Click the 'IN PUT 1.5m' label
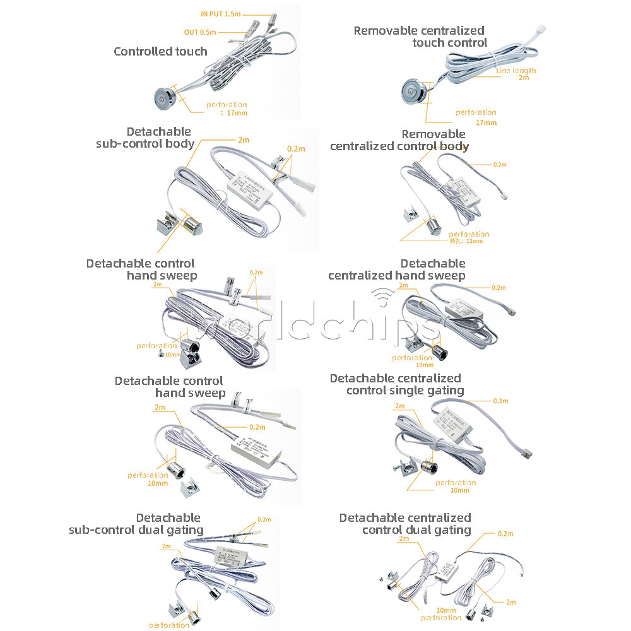click(221, 13)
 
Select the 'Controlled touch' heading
click(160, 52)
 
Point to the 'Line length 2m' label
click(516, 74)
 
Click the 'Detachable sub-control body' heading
click(145, 138)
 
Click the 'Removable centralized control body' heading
click(399, 140)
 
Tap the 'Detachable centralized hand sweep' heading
click(397, 269)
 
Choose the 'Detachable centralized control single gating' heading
click(396, 384)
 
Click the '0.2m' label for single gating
click(500, 401)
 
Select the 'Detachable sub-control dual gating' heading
click(136, 524)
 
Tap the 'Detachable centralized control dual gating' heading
click(406, 524)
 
